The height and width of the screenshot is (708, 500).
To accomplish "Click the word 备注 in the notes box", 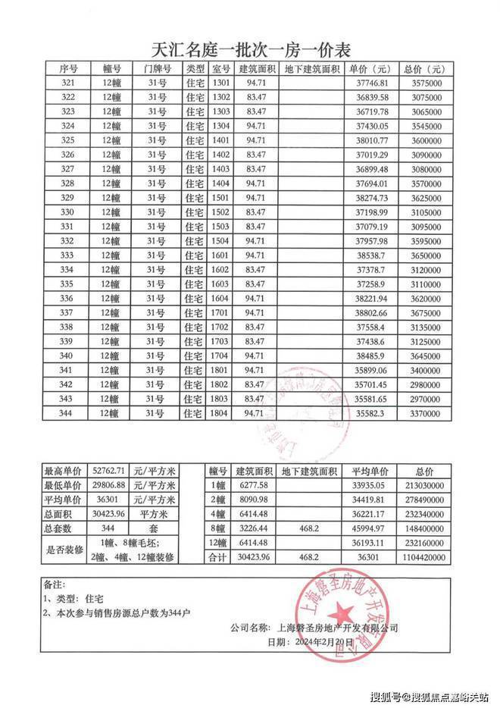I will pos(55,585).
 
